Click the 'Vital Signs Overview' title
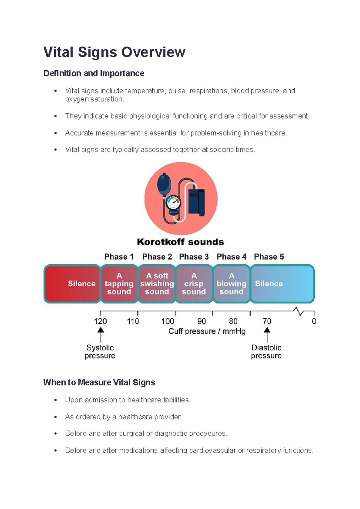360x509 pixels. tap(114, 52)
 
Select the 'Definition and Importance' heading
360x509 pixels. tap(94, 74)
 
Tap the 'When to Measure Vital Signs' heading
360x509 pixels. tap(99, 382)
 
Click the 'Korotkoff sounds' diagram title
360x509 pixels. tap(180, 242)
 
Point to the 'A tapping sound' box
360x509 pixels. tap(119, 284)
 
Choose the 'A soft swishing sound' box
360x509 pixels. tap(157, 284)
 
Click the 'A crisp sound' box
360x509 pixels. tap(194, 284)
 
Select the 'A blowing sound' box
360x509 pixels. tap(231, 284)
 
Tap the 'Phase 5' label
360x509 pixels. tap(269, 257)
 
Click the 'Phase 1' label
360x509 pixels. tap(119, 257)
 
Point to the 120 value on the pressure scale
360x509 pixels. tap(100, 321)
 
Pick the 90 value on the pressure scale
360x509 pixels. tap(202, 321)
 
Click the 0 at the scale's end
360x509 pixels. tap(314, 321)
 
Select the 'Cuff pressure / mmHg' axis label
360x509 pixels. tap(207, 331)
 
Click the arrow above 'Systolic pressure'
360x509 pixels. tap(101, 334)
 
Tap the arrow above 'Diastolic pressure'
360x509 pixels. tap(267, 334)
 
